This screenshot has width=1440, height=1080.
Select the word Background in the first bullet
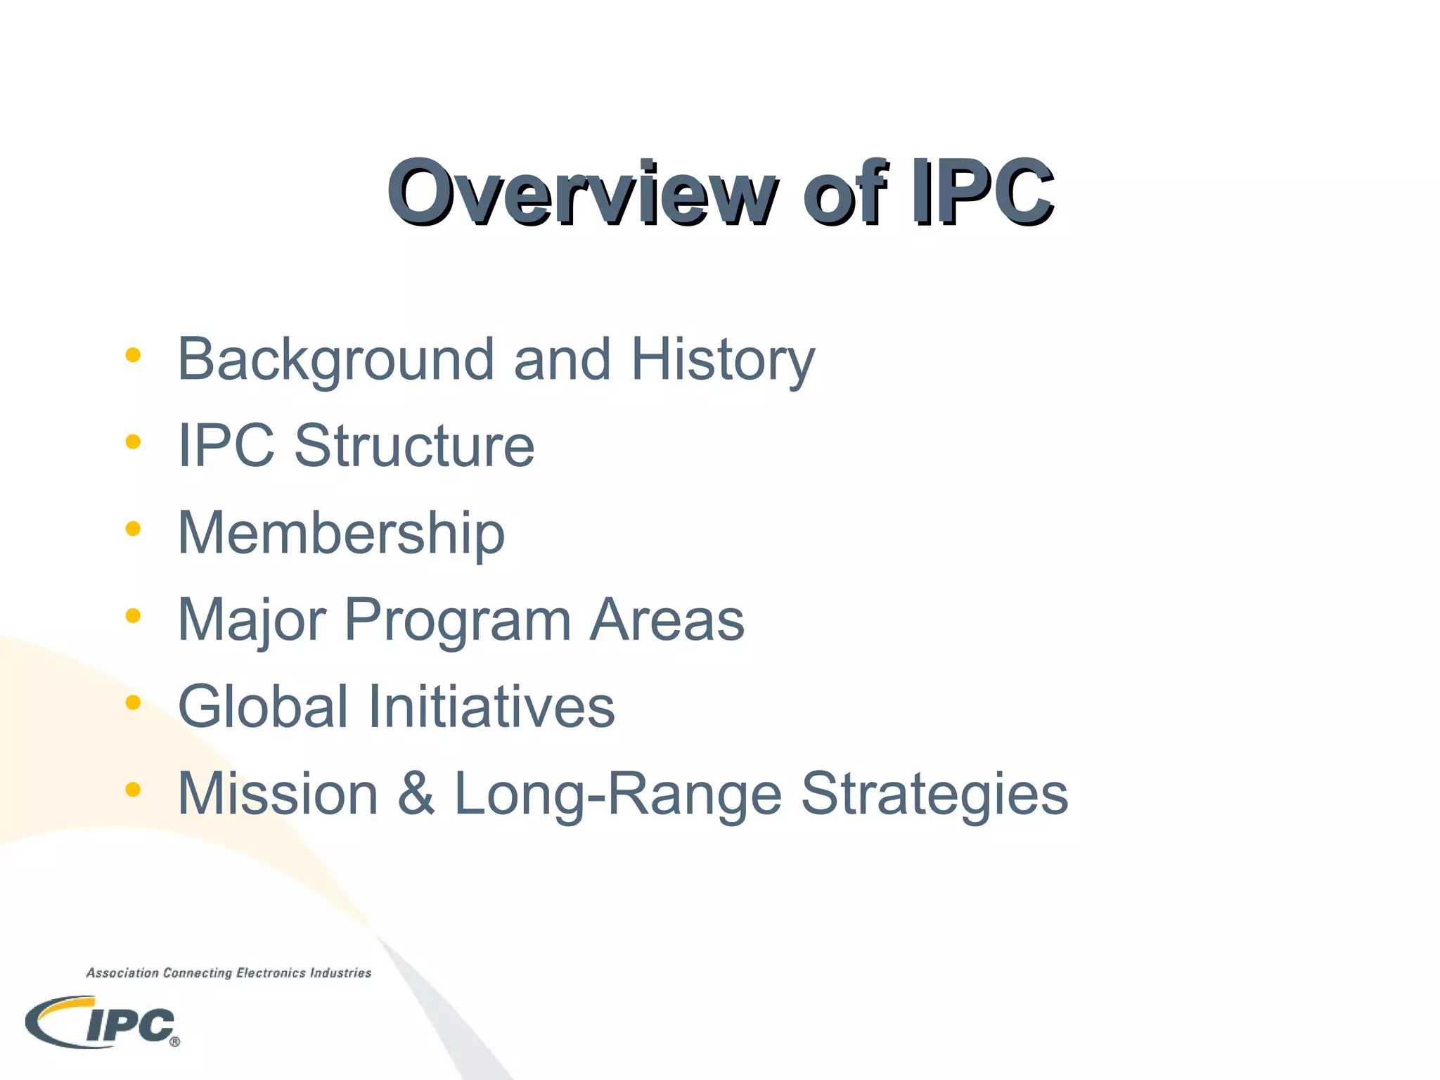pos(335,360)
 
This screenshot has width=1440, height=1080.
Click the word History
pos(723,360)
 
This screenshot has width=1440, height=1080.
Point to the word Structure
pos(414,446)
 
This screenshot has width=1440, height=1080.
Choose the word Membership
pos(341,533)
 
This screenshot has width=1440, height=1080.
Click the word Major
pos(252,620)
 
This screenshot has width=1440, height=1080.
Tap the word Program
pos(457,620)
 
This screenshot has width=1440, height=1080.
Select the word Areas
pos(667,620)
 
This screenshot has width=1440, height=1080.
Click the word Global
pos(263,707)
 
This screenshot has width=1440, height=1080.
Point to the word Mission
pos(278,794)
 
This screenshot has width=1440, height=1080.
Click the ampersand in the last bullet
pos(416,794)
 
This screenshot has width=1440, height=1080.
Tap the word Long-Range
pos(618,794)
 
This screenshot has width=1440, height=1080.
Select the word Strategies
pos(934,794)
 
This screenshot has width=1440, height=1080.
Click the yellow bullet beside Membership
pos(133,529)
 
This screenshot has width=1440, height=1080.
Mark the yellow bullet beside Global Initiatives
pos(133,702)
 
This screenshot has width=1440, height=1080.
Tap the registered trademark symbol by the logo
pos(174,1042)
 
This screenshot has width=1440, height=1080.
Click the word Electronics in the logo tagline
pos(271,973)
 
